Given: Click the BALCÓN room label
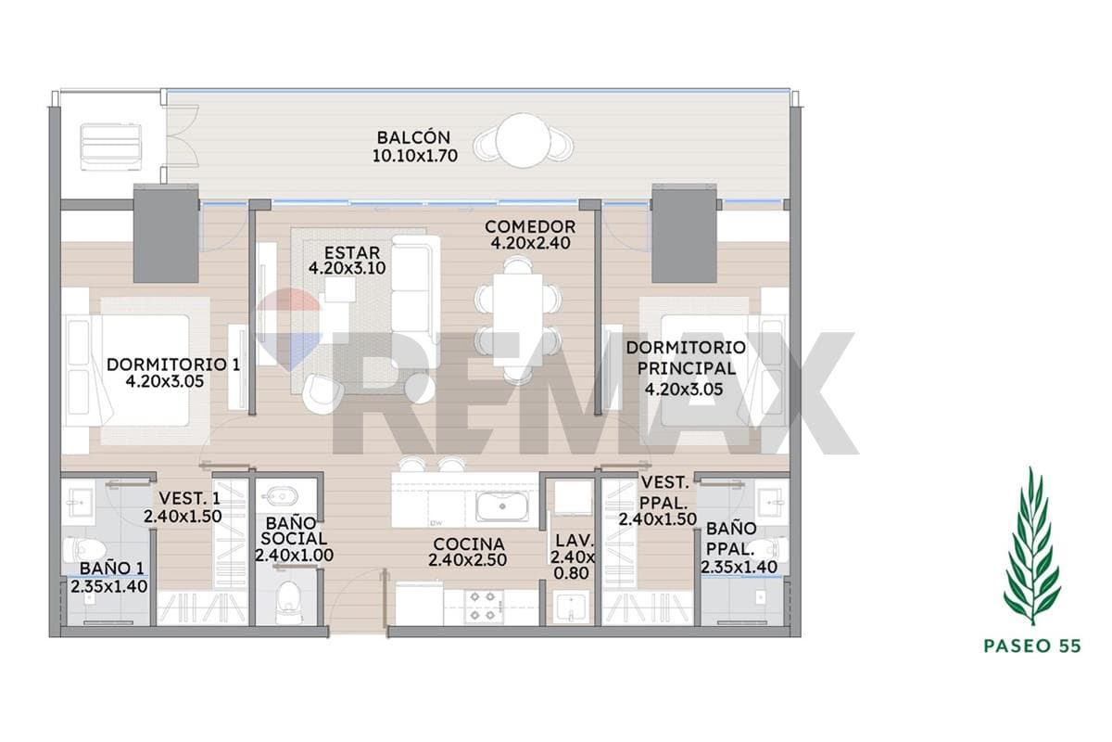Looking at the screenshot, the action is point(413,137).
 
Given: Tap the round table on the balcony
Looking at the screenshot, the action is point(523,141).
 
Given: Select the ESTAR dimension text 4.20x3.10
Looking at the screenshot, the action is point(347,268).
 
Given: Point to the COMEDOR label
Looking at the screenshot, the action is point(530,226).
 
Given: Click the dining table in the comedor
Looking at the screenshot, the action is point(518,320).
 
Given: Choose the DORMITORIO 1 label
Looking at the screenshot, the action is point(173,365).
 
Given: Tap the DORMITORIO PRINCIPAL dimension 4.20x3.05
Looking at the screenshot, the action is point(684,390).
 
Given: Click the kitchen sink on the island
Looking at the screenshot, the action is point(502,505).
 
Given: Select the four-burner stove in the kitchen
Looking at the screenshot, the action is point(484,606).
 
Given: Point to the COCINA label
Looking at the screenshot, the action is point(469,544).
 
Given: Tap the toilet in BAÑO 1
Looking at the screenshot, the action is point(84,549).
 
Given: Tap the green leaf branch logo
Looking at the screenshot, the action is point(1032,545).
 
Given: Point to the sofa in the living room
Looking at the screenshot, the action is point(415,301).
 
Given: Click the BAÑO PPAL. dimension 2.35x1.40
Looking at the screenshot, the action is point(739,567).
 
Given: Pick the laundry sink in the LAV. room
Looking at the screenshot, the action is point(572,607).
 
